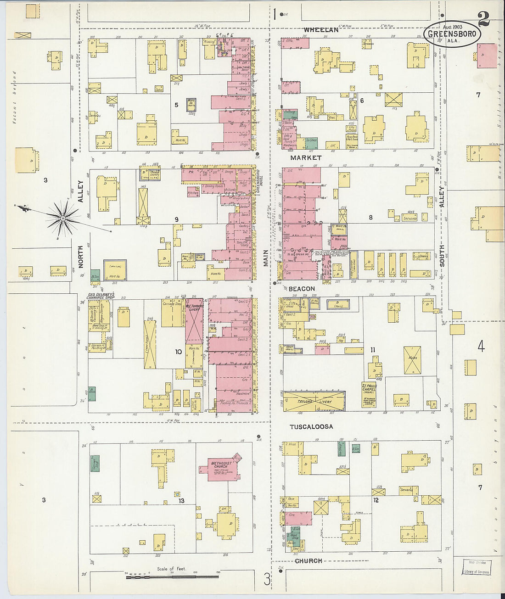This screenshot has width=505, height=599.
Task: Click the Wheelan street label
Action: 321,30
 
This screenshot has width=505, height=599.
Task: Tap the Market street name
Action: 305,157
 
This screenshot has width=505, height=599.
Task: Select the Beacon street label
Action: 302,289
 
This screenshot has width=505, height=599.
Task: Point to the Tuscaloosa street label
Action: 311,426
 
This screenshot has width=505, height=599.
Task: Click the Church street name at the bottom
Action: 308,561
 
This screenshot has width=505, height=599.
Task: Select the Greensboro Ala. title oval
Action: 452,34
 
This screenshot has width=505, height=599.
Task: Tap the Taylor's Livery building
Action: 314,401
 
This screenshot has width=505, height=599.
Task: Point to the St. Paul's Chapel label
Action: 369,388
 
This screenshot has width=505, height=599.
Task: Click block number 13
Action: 181,501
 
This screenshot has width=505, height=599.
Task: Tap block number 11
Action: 372,350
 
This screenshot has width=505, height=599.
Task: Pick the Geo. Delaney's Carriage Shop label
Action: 101,296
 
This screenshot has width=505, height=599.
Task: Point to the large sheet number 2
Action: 483,19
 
